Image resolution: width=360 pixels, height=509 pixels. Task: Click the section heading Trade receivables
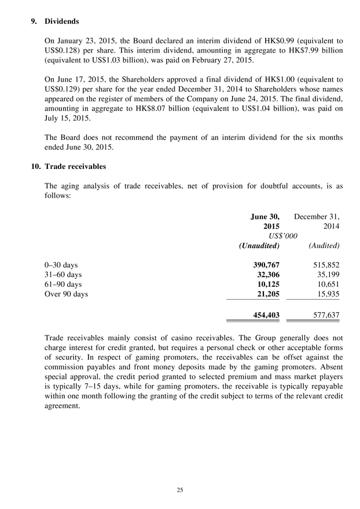click(x=75, y=167)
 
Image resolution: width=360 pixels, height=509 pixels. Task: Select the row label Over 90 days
click(x=66, y=294)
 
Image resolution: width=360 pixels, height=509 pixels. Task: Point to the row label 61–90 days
click(x=63, y=284)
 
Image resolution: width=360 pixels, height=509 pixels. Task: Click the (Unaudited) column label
click(x=259, y=246)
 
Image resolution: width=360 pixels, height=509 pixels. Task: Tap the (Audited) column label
click(x=324, y=246)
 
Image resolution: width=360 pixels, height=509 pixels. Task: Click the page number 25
click(x=180, y=490)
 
